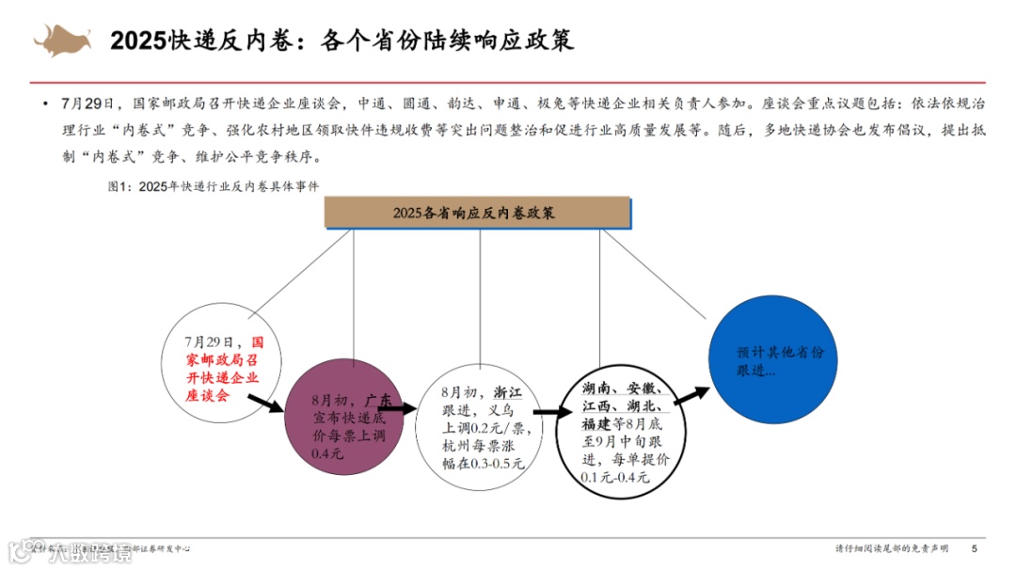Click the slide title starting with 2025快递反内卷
341,40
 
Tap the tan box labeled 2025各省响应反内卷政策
477,213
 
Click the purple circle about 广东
341,421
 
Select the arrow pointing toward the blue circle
691,395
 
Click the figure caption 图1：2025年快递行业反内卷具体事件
214,186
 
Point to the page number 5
975,548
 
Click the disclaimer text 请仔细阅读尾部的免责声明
891,548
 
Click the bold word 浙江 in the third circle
513,392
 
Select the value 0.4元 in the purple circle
327,453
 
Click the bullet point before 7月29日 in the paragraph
44,102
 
